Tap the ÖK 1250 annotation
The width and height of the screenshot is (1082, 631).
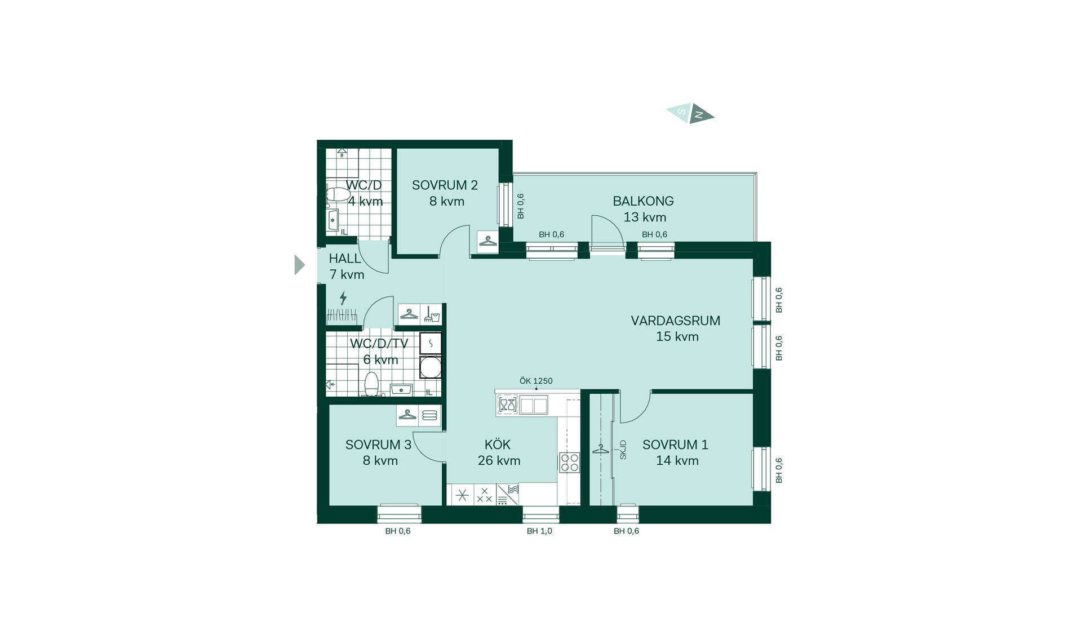pos(536,381)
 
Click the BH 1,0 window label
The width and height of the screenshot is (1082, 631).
pos(539,531)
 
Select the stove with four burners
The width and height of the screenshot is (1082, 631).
pos(569,463)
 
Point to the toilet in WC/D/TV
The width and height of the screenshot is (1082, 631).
pos(371,384)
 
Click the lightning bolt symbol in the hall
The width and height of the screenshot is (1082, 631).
pos(343,298)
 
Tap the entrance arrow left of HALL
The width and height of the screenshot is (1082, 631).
pos(299,265)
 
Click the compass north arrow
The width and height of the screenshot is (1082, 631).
pos(702,114)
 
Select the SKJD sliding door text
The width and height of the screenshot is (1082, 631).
pos(623,450)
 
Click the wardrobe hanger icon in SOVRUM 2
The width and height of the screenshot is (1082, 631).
pos(487,241)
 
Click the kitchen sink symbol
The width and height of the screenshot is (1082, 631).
pos(533,405)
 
